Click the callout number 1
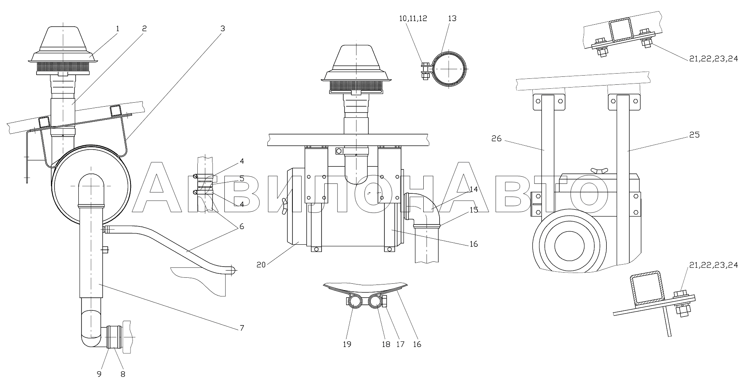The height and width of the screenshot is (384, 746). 118,28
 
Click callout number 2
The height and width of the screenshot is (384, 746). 144,28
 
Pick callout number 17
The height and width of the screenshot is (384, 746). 401,344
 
